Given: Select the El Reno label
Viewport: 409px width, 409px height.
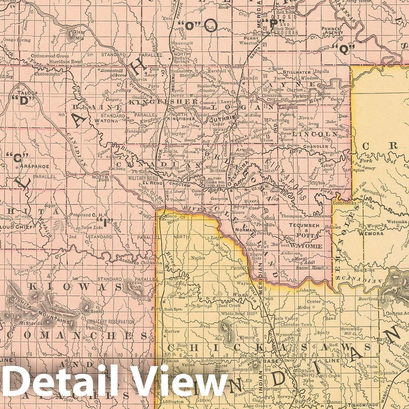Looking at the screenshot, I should [149, 183].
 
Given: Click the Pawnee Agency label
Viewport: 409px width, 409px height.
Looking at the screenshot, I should [331, 31].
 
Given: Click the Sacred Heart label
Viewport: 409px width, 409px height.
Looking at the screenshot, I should [310, 268].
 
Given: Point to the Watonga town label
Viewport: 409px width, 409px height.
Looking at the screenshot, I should [106, 121].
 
